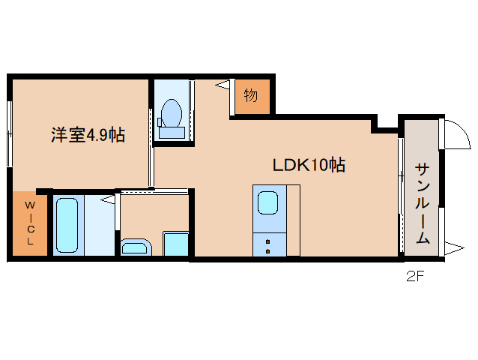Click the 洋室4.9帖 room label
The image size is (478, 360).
pyautogui.click(x=88, y=135)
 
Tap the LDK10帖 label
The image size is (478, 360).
pyautogui.click(x=309, y=165)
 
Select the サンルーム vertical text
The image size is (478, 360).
pyautogui.click(x=423, y=203)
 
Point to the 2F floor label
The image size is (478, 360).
pyautogui.click(x=415, y=277)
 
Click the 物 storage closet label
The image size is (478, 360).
pyautogui.click(x=250, y=95)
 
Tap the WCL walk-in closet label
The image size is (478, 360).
pyautogui.click(x=30, y=223)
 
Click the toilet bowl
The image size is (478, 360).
pyautogui.click(x=172, y=113)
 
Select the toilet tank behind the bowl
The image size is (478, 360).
pyautogui.click(x=172, y=133)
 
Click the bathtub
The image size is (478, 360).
pyautogui.click(x=67, y=225)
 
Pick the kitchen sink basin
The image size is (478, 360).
pyautogui.click(x=268, y=202)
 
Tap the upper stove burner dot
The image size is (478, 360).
pyautogui.click(x=267, y=242)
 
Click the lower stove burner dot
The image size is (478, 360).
pyautogui.click(x=267, y=251)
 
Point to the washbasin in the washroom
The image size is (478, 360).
pyautogui.click(x=136, y=247)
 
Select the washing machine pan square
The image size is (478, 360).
pyautogui.click(x=175, y=244)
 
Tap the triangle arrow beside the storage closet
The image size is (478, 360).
pyautogui.click(x=223, y=85)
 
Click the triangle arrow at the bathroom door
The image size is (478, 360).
pyautogui.click(x=108, y=199)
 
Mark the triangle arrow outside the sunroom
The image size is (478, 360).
pyautogui.click(x=454, y=247)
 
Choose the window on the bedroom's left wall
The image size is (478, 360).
pyautogui.click(x=10, y=134)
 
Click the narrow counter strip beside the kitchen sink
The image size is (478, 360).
pyautogui.click(x=293, y=220)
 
